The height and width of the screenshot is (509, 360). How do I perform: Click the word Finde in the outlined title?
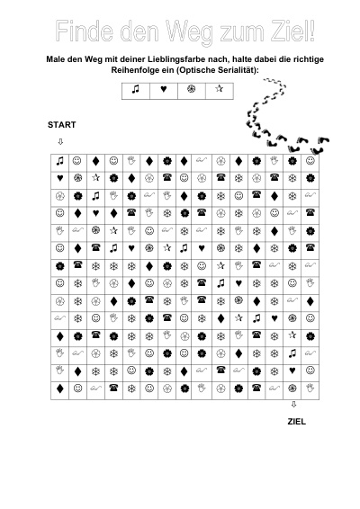85,31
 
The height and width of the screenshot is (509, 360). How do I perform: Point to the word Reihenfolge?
134,70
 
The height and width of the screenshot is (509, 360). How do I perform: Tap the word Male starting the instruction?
55,59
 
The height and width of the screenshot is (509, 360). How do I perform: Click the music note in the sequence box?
136,89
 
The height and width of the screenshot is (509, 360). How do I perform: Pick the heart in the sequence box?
164,89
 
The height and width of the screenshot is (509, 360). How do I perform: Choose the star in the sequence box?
220,88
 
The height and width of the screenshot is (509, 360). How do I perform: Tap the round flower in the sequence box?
192,89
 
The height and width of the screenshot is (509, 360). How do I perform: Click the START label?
62,125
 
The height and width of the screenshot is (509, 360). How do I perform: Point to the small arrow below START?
60,141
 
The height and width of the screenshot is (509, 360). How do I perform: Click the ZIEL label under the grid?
297,422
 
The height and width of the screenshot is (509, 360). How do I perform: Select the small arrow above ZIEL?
293,405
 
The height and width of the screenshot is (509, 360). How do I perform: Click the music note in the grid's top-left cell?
59,161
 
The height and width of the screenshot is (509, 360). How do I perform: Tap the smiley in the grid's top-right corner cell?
310,161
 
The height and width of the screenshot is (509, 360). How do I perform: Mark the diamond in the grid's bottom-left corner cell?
59,388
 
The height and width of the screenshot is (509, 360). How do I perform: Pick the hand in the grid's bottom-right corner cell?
310,388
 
